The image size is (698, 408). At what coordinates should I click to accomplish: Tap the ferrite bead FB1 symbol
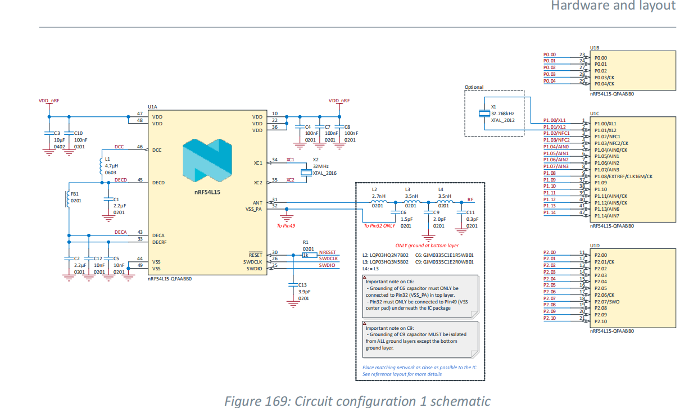tap(67, 200)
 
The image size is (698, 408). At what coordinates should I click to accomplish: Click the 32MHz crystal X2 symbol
tap(306, 173)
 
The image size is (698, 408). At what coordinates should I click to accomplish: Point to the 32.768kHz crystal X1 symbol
tap(484, 114)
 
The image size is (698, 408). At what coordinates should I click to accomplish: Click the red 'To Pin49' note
tap(287, 225)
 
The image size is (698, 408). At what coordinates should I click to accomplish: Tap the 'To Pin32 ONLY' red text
tap(380, 225)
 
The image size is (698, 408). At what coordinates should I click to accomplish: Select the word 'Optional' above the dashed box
tap(474, 87)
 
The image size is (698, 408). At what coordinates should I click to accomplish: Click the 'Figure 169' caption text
tap(357, 401)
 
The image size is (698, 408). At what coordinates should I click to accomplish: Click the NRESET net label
tap(328, 252)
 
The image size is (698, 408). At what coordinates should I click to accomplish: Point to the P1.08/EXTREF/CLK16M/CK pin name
tap(623, 176)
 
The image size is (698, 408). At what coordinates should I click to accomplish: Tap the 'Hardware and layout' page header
tap(613, 6)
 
